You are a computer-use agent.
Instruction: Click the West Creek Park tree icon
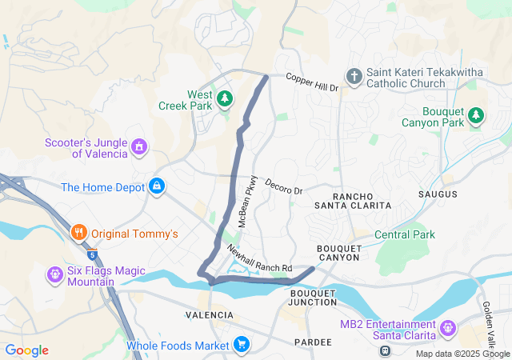click(x=226, y=98)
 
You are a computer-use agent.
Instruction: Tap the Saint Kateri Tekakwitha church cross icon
click(x=354, y=77)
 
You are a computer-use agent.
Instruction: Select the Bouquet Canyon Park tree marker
click(x=476, y=115)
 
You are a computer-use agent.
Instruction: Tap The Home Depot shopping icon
click(x=157, y=187)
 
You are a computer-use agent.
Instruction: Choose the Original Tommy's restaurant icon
click(x=78, y=234)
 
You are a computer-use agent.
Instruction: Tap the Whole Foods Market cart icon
click(x=241, y=346)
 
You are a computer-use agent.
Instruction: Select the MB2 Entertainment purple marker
click(x=447, y=326)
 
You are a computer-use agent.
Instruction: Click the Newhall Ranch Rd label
click(x=259, y=258)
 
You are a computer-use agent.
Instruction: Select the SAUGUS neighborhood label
click(x=438, y=194)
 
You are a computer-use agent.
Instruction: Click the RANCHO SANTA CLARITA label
click(x=362, y=201)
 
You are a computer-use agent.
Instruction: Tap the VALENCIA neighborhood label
click(x=209, y=315)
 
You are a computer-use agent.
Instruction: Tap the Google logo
click(x=26, y=350)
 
